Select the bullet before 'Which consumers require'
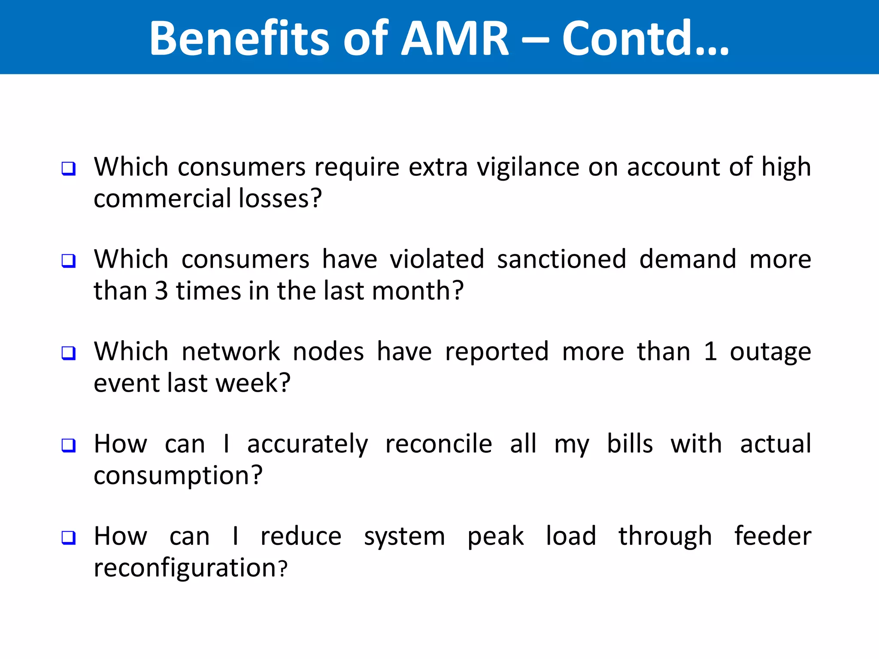click(x=69, y=169)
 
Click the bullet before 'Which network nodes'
click(x=69, y=353)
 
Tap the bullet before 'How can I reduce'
click(x=69, y=538)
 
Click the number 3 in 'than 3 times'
click(x=161, y=291)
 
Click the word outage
click(x=770, y=353)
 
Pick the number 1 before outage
click(x=710, y=352)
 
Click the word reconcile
click(x=438, y=444)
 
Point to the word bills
click(x=630, y=444)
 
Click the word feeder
click(x=773, y=536)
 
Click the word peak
click(x=495, y=537)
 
